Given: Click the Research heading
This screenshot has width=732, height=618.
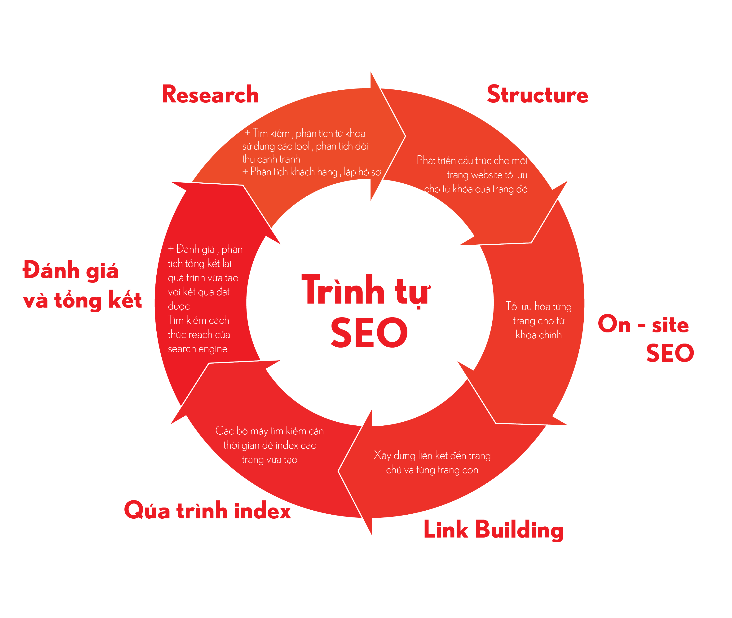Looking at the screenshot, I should tap(210, 95).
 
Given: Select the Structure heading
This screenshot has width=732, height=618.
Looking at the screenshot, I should tap(537, 95).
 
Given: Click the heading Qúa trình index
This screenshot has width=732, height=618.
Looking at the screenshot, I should tap(207, 510).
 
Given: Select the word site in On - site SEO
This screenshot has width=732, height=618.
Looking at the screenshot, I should tap(670, 325).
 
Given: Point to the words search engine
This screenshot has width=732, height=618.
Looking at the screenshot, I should tap(198, 349).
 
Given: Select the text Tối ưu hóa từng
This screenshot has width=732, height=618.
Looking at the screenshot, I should tap(538, 307).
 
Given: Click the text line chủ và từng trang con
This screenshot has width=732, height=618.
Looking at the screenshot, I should tap(432, 470).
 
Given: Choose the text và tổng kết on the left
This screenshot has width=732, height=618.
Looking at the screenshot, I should tap(83, 300).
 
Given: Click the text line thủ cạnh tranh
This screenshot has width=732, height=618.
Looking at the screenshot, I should tap(271, 159).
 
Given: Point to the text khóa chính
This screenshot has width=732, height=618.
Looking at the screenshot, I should tap(538, 335).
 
